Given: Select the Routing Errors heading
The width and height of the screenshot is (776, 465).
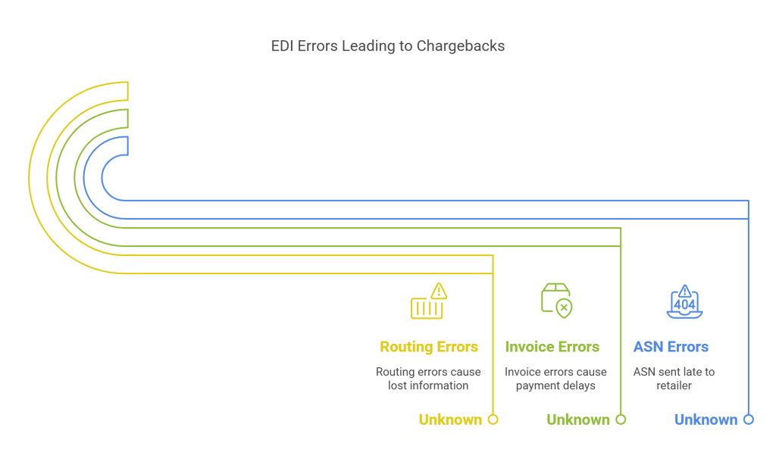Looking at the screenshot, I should [428, 347].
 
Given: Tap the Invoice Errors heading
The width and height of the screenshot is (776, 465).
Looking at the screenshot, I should [552, 347].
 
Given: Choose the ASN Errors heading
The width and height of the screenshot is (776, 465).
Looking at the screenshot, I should [671, 347].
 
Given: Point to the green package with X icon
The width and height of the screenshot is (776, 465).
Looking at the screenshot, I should [556, 299].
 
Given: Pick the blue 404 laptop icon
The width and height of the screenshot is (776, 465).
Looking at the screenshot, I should [684, 301].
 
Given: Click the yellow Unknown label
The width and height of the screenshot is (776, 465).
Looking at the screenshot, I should [450, 420].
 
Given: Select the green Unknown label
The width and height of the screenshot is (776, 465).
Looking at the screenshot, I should [578, 420].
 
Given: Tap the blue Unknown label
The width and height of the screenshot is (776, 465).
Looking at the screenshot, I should [706, 420].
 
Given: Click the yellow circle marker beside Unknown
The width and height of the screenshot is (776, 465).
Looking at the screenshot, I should [493, 420].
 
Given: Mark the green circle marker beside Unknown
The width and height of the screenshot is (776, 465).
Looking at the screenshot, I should [621, 420].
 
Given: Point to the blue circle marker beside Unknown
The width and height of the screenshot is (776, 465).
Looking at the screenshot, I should [749, 420].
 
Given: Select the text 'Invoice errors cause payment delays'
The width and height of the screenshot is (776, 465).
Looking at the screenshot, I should [555, 379].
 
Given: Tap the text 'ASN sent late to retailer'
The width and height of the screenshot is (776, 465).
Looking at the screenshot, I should [674, 379].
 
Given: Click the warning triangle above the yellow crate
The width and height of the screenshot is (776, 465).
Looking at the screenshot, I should [439, 291].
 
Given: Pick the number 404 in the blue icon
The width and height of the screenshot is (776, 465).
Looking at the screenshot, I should [684, 304].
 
